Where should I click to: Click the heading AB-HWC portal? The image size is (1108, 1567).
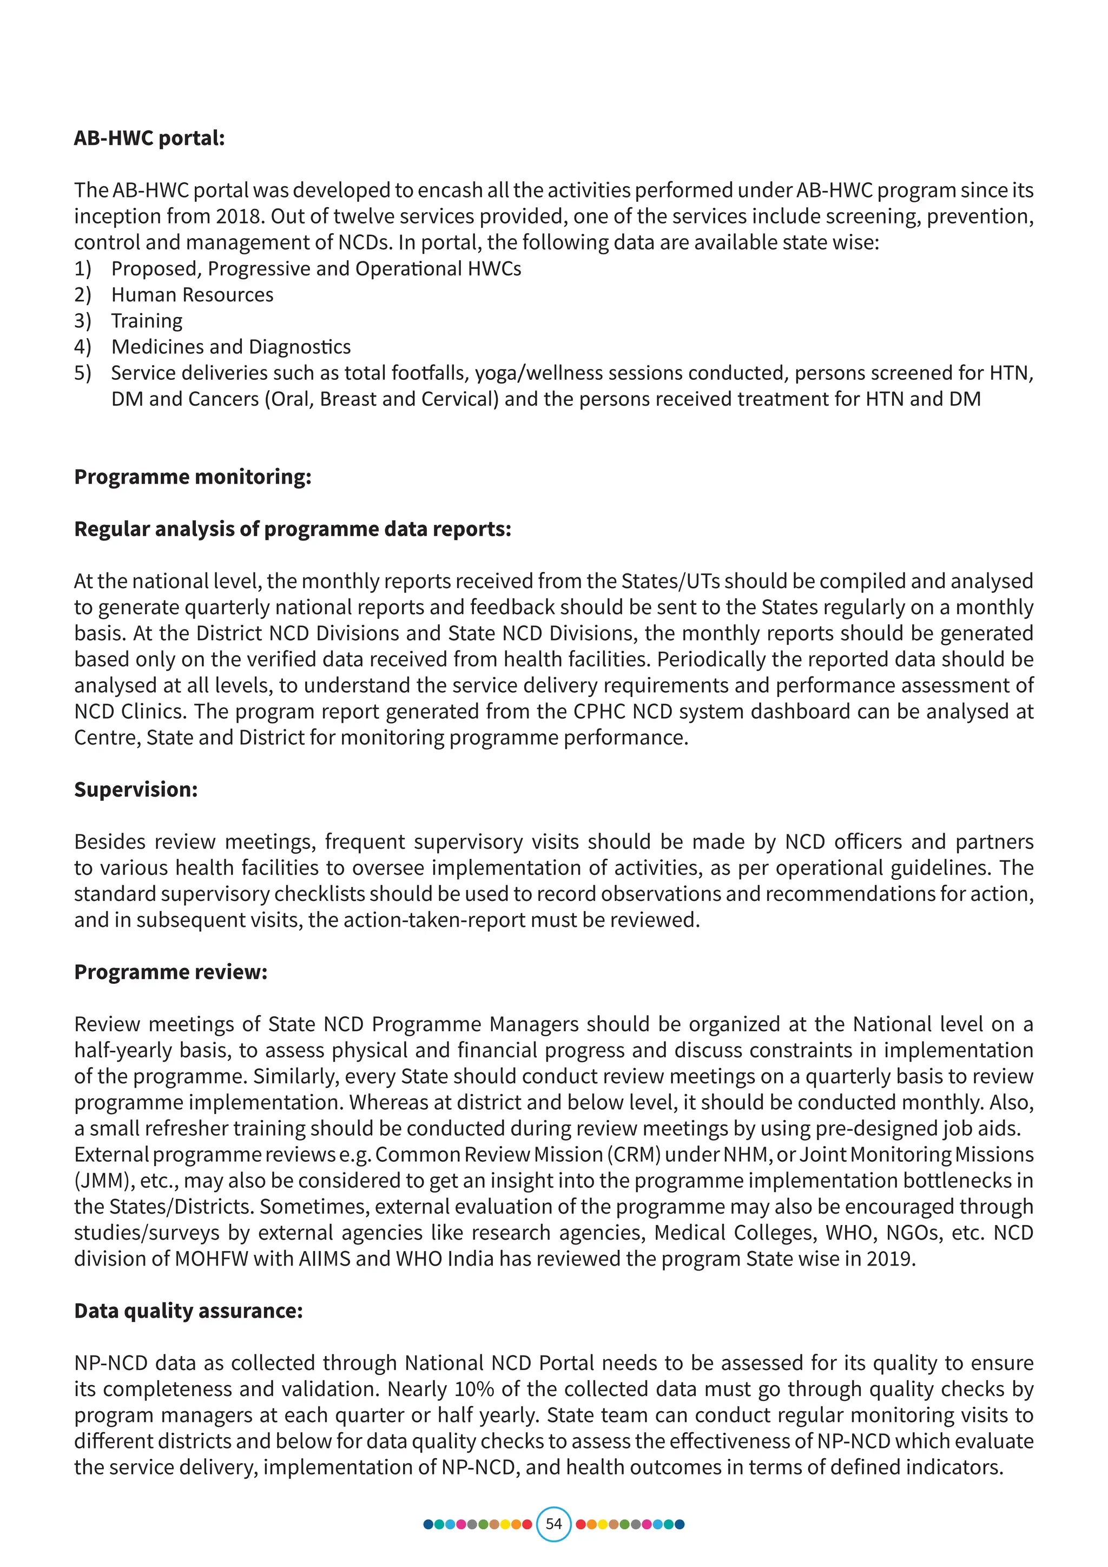click(149, 138)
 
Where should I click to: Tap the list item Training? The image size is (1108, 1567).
click(147, 321)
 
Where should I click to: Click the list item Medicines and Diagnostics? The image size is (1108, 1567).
click(230, 347)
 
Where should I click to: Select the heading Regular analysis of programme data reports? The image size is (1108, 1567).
click(292, 529)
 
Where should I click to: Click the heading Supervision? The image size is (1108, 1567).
click(136, 789)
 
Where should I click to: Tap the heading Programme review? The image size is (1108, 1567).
click(170, 972)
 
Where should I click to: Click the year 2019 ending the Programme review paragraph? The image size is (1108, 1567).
click(891, 1259)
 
